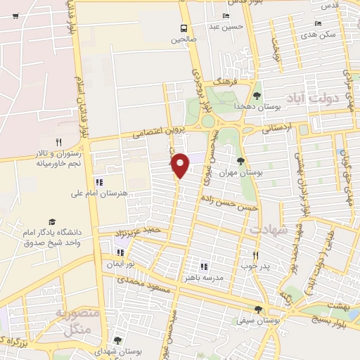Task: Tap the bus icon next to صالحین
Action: pos(184,28)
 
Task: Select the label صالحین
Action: pos(184,40)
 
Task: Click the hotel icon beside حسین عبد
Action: pos(226,16)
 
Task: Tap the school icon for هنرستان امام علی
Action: pos(108,182)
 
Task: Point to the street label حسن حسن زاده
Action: pos(230,202)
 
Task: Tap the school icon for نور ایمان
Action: pos(120,252)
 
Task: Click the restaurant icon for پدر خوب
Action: pos(255,257)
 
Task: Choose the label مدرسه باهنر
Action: pos(221,278)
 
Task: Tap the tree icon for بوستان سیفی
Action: pos(259,309)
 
